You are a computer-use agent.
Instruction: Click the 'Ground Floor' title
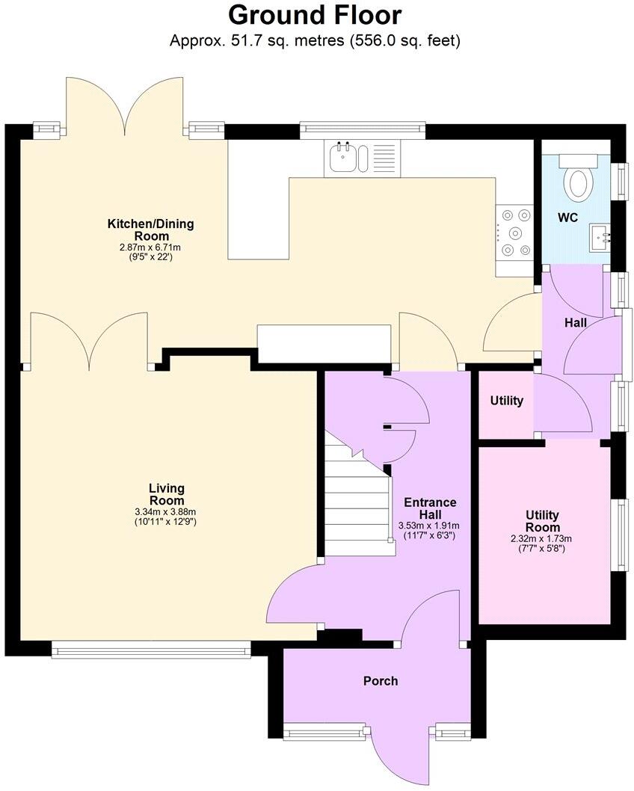click(x=315, y=15)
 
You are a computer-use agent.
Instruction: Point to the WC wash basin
click(x=601, y=238)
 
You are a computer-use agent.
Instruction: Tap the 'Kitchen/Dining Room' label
click(x=151, y=230)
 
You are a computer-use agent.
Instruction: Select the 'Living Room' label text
click(x=166, y=494)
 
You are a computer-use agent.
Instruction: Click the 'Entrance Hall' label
click(x=429, y=508)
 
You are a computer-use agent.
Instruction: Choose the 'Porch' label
click(x=381, y=680)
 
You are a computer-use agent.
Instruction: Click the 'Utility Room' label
click(x=543, y=522)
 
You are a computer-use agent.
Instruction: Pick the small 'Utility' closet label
click(x=506, y=401)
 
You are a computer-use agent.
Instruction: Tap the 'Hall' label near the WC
click(x=576, y=323)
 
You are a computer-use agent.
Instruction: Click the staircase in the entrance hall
click(x=359, y=508)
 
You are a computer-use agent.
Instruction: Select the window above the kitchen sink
click(x=363, y=130)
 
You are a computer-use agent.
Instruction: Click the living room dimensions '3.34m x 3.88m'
click(x=166, y=511)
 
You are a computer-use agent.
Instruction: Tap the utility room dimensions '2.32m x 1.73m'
click(x=543, y=538)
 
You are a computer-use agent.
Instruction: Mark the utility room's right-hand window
click(x=620, y=535)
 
